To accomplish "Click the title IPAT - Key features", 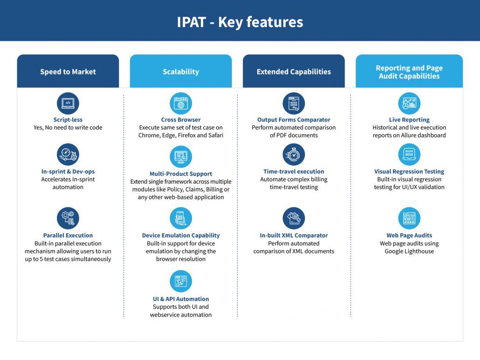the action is pyautogui.click(x=240, y=22).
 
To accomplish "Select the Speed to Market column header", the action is pyautogui.click(x=68, y=71).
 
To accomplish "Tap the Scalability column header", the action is pyautogui.click(x=181, y=71).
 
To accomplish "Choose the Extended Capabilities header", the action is pyautogui.click(x=294, y=71).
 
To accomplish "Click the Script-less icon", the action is pyautogui.click(x=68, y=103).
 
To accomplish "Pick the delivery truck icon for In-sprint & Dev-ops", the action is pyautogui.click(x=68, y=155).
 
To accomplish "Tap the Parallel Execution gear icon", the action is pyautogui.click(x=68, y=218).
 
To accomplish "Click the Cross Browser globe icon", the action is pyautogui.click(x=181, y=103).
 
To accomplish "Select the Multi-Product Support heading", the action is pyautogui.click(x=181, y=174).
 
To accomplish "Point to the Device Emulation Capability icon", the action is pyautogui.click(x=181, y=218).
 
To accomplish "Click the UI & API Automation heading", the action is pyautogui.click(x=181, y=299).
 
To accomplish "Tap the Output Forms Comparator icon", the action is pyautogui.click(x=294, y=103).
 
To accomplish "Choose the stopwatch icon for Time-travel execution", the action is pyautogui.click(x=294, y=155).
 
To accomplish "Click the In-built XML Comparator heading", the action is pyautogui.click(x=294, y=235).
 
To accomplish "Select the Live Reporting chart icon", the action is pyautogui.click(x=409, y=103).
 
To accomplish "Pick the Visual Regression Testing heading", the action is pyautogui.click(x=409, y=171).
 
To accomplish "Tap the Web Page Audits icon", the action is pyautogui.click(x=409, y=218).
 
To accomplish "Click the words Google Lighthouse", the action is pyautogui.click(x=409, y=251).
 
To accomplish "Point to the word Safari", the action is pyautogui.click(x=214, y=135).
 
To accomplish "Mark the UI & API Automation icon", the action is pyautogui.click(x=181, y=281).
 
